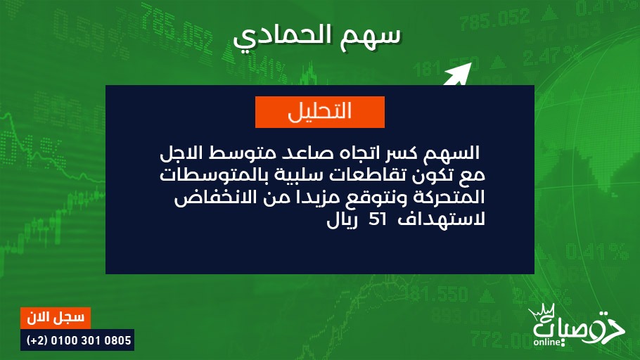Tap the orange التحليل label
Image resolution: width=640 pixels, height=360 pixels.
pos(319,112)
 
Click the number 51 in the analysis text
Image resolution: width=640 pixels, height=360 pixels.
pos(377,219)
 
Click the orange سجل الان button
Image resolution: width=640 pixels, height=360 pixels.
pos(56,318)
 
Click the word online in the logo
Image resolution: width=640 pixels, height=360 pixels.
pos(547,342)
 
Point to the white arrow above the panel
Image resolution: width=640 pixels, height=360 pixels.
pos(458,74)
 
